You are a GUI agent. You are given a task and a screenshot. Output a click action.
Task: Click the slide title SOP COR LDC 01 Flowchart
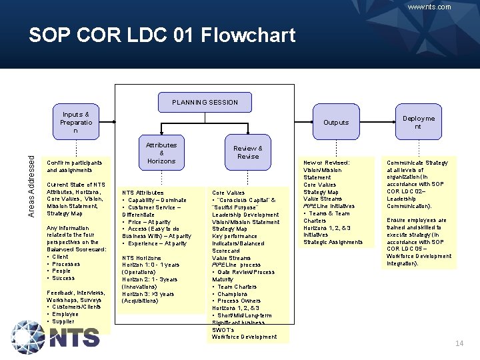(161, 35)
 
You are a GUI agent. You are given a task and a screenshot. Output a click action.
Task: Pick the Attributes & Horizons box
(161, 153)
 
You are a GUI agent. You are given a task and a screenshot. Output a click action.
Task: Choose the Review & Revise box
(247, 152)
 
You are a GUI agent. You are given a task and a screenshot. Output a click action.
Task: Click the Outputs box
(336, 122)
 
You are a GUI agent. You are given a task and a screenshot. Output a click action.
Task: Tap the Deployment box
(418, 122)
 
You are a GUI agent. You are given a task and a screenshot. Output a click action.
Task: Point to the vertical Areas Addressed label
(31, 184)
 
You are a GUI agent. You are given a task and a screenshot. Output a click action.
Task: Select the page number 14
(459, 343)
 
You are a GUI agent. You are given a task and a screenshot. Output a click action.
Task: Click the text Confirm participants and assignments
(74, 166)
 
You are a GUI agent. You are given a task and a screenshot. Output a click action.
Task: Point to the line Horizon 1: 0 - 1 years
(149, 265)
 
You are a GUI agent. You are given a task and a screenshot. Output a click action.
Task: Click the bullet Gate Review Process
(246, 272)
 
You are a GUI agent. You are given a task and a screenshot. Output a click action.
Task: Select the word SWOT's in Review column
(225, 329)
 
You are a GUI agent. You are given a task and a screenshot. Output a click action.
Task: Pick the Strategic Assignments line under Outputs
(333, 242)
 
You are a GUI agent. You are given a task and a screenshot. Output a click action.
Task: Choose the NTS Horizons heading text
(141, 257)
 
